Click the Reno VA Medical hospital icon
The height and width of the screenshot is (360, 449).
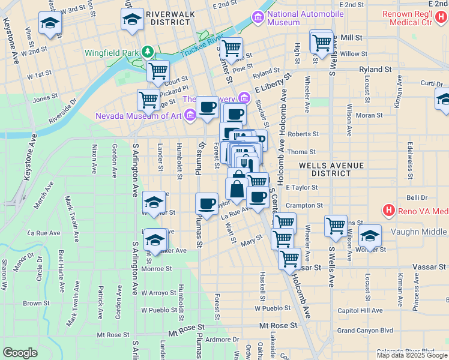coord(389,211)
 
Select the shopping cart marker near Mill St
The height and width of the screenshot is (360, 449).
coord(321,42)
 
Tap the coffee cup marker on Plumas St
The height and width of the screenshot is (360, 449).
coord(206,203)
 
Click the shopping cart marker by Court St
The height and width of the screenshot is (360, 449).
coord(158,71)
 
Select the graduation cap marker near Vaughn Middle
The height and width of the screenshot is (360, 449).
coord(370,235)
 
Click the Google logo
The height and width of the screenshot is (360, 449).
coord(20,352)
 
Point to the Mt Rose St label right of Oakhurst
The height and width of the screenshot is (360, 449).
coord(277,325)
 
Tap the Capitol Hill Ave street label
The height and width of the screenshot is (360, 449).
coord(361,310)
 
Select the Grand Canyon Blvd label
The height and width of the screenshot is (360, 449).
coord(364,330)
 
